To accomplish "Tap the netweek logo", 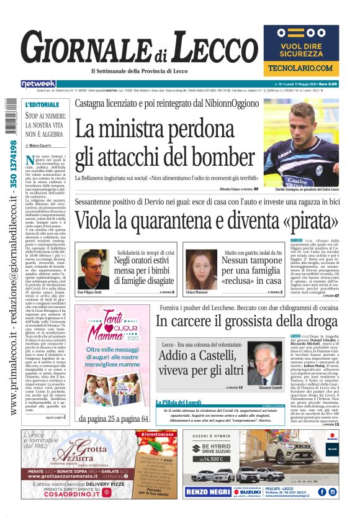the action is [x=38, y=84].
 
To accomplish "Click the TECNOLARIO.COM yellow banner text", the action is [x=301, y=67].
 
